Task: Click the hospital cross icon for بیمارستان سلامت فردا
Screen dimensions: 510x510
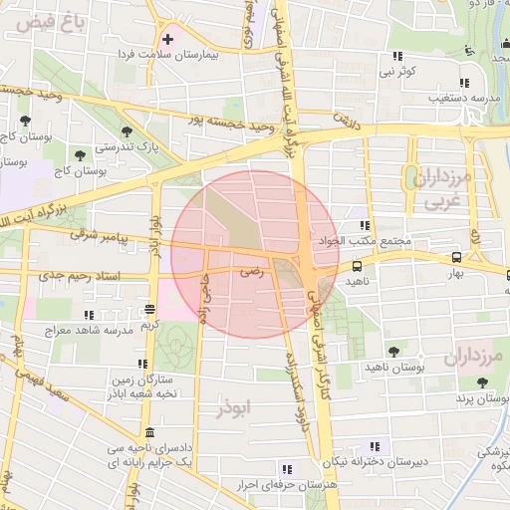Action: (x=167, y=40)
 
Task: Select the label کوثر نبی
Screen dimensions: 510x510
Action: (x=396, y=72)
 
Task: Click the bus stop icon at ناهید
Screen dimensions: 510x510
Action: (x=357, y=266)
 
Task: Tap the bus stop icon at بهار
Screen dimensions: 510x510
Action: (x=455, y=256)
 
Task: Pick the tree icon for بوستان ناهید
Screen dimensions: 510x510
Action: (x=395, y=350)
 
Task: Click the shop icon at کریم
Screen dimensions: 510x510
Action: (x=149, y=309)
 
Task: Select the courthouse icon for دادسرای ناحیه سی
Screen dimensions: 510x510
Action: (x=149, y=433)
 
